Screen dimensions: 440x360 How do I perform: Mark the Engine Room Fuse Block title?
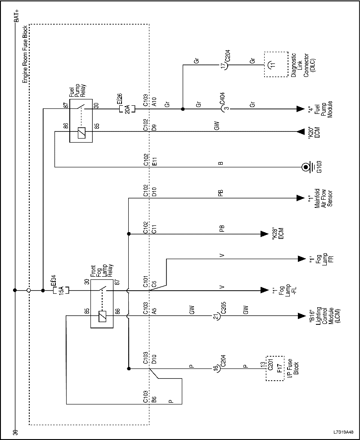point(26,52)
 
